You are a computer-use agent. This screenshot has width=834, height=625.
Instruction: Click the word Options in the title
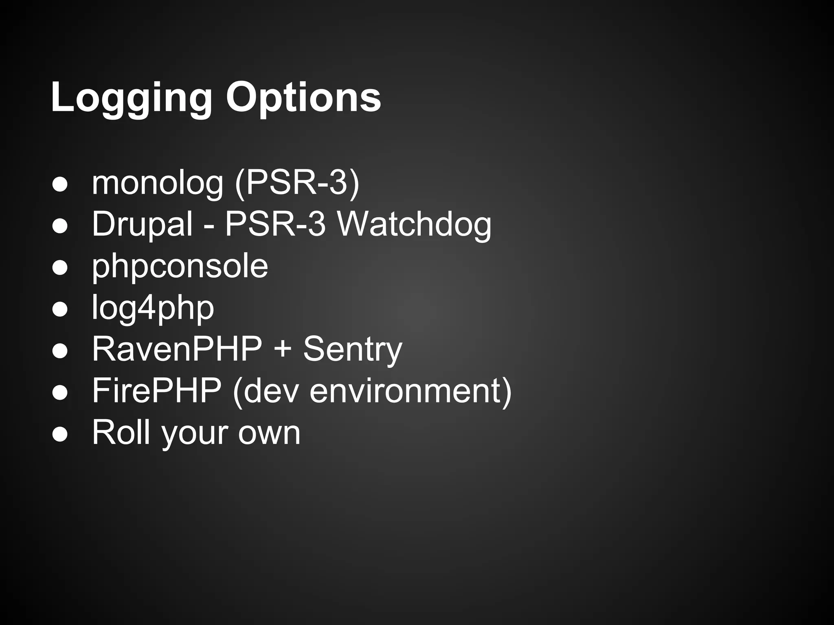pos(303,98)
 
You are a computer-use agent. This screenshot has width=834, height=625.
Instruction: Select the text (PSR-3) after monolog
pos(297,183)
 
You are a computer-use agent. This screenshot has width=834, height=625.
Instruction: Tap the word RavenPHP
pos(177,349)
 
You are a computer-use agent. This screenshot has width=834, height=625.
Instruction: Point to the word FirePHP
pos(157,391)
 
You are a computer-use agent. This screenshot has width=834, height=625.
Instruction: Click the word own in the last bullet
pos(269,433)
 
